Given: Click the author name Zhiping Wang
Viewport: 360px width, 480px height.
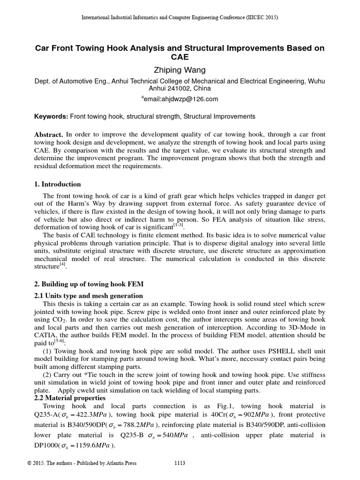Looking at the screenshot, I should pyautogui.click(x=180, y=70).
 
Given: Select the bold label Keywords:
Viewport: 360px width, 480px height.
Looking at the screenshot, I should pyautogui.click(x=52, y=116).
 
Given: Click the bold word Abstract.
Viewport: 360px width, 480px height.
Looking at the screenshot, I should pyautogui.click(x=49, y=135).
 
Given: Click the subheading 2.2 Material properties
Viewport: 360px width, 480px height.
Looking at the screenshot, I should pyautogui.click(x=70, y=398).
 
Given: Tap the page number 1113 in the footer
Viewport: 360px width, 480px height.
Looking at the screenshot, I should pyautogui.click(x=180, y=464).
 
